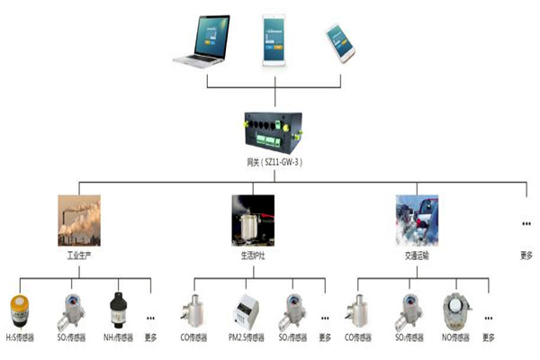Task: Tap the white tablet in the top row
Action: click(274, 39)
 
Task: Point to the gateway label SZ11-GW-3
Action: click(275, 162)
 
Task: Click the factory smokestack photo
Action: click(79, 220)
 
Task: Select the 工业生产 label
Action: click(79, 256)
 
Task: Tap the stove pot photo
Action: click(253, 220)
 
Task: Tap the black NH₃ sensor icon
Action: click(118, 310)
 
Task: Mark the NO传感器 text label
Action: click(459, 338)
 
